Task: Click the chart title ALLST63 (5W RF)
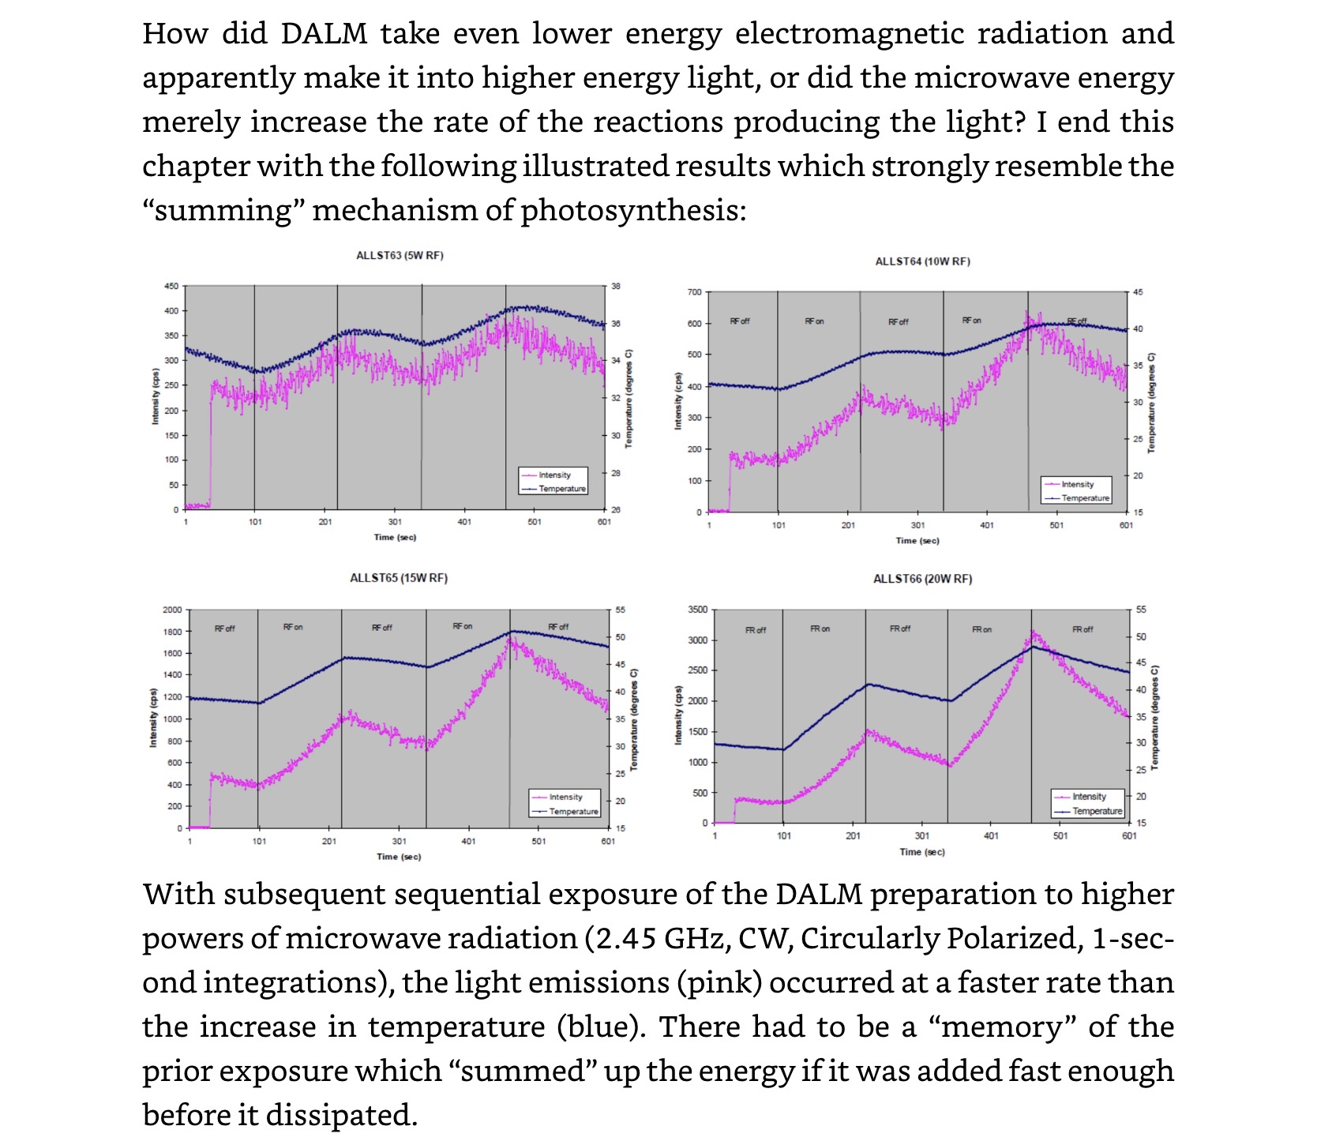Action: [x=400, y=256]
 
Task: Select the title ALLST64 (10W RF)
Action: [x=922, y=261]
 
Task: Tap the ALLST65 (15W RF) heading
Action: [x=399, y=578]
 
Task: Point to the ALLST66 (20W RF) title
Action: [x=922, y=579]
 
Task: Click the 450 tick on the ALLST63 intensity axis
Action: [x=171, y=286]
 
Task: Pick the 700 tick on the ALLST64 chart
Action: [x=694, y=292]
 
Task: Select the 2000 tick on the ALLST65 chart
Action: [x=172, y=610]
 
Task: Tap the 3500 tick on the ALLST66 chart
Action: [x=698, y=610]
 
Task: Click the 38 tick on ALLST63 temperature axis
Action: [x=616, y=286]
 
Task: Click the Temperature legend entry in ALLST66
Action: [x=1097, y=811]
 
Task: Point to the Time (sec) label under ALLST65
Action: [x=399, y=857]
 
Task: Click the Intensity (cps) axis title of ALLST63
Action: [x=156, y=396]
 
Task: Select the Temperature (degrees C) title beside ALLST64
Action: [x=1150, y=403]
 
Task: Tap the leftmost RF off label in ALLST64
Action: [x=740, y=321]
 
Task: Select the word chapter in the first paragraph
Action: [x=195, y=167]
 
